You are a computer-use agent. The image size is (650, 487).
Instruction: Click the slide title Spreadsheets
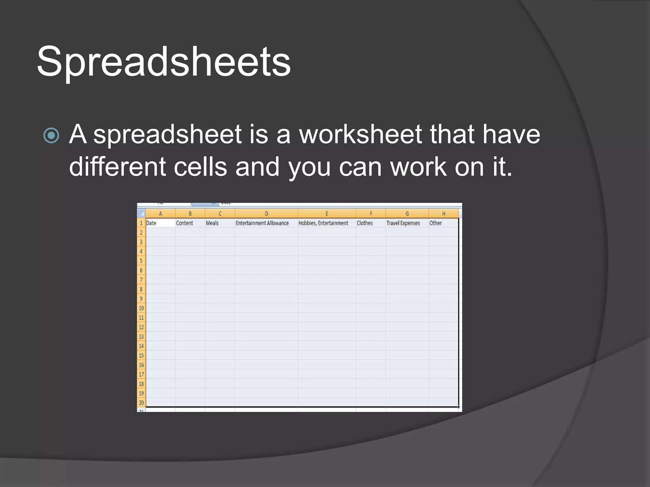tap(163, 62)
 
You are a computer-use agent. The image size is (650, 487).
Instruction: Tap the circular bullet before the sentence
tap(51, 136)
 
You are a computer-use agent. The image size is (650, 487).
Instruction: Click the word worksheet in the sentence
tap(361, 134)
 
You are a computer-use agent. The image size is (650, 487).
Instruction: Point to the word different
tap(117, 167)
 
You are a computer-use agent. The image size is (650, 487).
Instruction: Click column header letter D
tap(266, 214)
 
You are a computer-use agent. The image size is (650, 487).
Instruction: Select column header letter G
tap(407, 214)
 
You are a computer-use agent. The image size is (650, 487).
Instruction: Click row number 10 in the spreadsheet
tap(141, 308)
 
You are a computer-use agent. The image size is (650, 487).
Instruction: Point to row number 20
tap(141, 403)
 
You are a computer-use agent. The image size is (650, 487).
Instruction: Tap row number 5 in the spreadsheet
tap(141, 261)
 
